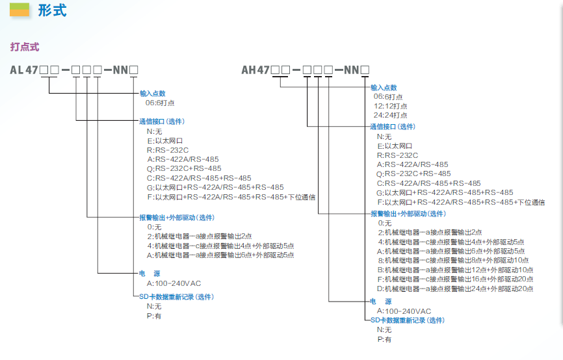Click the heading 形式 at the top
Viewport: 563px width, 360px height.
coord(53,10)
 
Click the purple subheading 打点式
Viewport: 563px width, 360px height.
coord(25,47)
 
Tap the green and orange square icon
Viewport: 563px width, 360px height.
coord(20,10)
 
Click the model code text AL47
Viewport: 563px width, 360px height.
coord(24,70)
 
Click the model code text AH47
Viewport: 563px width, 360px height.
coord(255,70)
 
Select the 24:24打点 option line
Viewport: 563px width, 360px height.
coord(390,115)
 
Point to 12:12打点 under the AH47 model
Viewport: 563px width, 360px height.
coord(390,106)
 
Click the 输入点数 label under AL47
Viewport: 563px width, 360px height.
coord(153,94)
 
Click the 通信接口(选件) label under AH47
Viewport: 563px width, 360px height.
coord(393,127)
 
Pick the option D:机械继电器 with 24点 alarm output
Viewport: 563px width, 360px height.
coord(455,289)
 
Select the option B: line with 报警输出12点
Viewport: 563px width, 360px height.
coord(455,270)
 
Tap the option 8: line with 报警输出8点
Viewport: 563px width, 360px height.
coord(453,260)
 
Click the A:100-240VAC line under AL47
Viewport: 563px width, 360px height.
coord(174,283)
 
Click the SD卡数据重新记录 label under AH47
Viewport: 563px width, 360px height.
coord(408,320)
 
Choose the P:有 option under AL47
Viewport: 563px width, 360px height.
coord(154,316)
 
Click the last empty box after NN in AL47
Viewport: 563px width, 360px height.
coord(133,70)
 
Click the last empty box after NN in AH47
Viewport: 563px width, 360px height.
coord(365,70)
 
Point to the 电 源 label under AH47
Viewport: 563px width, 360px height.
coord(381,301)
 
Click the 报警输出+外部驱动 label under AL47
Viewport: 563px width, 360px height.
coord(177,218)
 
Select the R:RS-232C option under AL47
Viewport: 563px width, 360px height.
coord(168,150)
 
